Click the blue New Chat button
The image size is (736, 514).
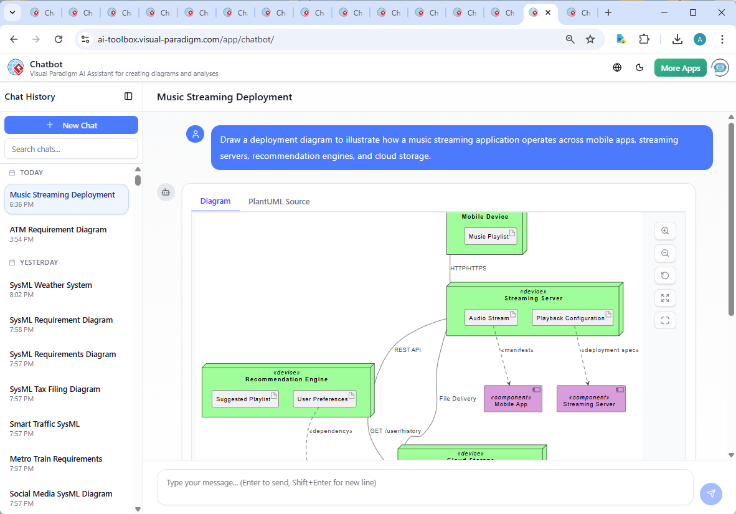71,125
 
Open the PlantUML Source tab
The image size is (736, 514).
279,201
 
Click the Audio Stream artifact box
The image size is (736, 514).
491,318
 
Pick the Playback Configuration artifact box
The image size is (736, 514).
572,318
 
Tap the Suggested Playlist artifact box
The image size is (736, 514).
245,399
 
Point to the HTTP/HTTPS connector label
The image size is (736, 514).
468,269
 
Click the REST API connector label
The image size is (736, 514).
407,350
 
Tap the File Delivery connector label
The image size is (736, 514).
458,399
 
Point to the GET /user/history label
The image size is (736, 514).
395,431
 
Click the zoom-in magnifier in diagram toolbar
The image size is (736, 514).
665,231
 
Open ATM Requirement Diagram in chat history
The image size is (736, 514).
59,230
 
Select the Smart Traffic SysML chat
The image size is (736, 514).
45,424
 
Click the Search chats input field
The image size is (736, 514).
71,149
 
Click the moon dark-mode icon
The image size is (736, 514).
639,68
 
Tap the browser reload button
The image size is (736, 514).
59,39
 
